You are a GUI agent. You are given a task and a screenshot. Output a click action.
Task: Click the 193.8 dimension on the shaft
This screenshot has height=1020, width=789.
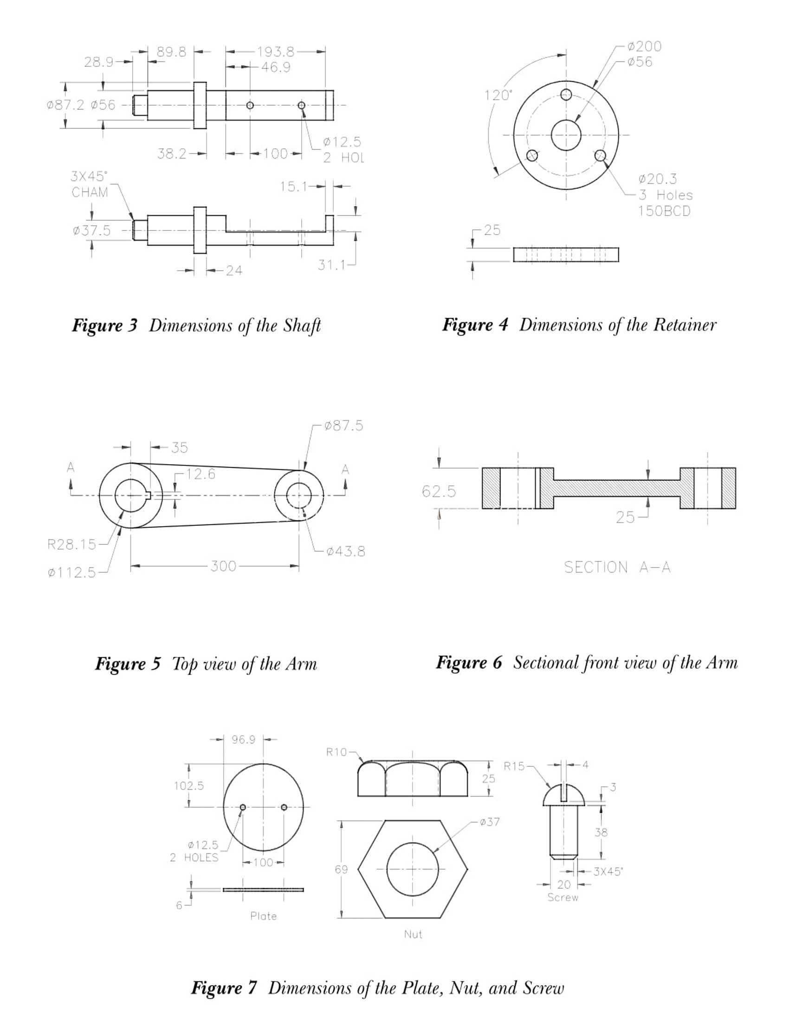[275, 52]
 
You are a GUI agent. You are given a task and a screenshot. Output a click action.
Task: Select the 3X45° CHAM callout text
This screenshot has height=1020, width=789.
[89, 185]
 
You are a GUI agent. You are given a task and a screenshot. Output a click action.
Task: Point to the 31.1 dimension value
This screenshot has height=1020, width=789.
[331, 265]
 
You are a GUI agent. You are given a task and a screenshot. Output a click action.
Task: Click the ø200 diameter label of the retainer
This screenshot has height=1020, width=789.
[645, 46]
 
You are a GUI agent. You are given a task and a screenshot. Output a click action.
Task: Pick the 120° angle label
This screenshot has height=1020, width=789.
[498, 95]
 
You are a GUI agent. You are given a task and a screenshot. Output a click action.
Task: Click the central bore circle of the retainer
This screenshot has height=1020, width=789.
[566, 121]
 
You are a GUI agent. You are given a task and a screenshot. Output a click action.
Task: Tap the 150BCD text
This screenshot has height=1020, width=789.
[664, 211]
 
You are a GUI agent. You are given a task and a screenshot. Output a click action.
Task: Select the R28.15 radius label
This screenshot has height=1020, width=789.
[71, 544]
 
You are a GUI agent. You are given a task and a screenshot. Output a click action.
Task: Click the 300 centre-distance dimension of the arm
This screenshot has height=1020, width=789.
[223, 567]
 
